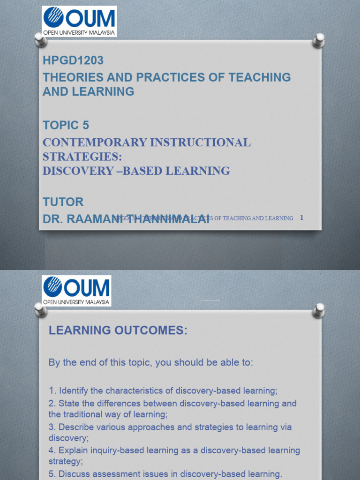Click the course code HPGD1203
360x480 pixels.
(73, 60)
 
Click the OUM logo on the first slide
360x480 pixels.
(79, 21)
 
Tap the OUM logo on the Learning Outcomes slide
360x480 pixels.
(76, 291)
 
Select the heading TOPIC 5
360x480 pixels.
(66, 125)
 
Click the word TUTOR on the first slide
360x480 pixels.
(63, 202)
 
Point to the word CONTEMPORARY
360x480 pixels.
(94, 142)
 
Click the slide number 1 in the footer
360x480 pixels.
(302, 217)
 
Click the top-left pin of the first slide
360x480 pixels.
(41, 40)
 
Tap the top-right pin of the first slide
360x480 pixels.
(319, 40)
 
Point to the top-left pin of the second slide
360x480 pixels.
(41, 309)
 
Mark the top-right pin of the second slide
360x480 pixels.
(319, 309)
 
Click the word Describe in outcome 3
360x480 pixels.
(75, 427)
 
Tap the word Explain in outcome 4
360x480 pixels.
(73, 450)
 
